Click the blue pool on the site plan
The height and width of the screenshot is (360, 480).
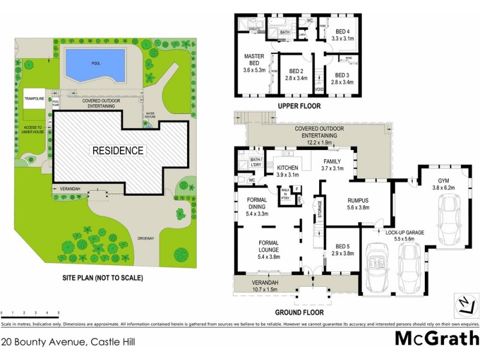[x=95, y=65]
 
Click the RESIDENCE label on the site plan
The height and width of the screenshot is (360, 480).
[x=118, y=151]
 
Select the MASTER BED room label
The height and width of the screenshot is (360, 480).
[x=254, y=61]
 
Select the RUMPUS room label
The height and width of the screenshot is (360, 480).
[x=358, y=204]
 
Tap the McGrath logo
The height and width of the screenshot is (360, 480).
[x=436, y=338]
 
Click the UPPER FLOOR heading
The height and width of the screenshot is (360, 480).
[x=298, y=106]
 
